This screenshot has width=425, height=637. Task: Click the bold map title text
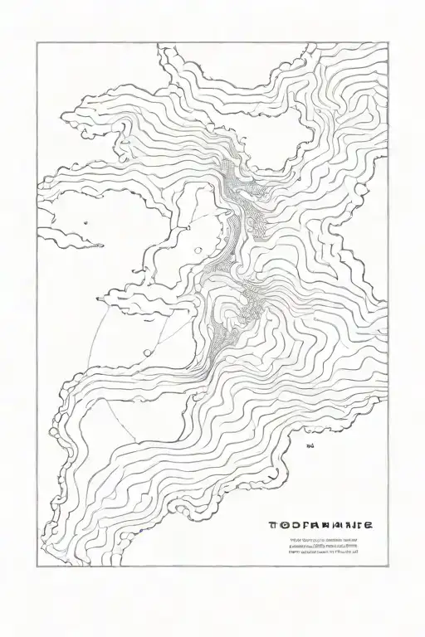tap(320, 525)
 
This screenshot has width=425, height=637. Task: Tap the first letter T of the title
tap(272, 525)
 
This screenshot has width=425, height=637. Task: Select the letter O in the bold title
tap(281, 525)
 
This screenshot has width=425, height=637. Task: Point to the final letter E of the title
tap(368, 525)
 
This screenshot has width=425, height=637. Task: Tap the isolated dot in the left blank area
tap(86, 222)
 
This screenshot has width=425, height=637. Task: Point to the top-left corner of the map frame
tap(37, 44)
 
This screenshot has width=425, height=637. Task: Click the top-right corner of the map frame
tap(388, 44)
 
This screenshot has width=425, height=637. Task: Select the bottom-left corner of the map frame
tap(37, 567)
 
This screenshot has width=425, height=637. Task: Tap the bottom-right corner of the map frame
tap(388, 567)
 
